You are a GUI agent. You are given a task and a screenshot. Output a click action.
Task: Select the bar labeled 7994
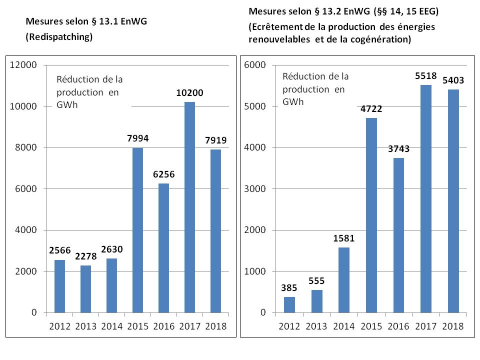coord(137,230)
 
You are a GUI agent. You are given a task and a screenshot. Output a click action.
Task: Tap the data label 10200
coord(189,92)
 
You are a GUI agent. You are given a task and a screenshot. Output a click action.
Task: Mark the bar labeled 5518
coord(425,199)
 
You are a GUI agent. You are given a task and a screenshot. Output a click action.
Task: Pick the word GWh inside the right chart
coord(292,101)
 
